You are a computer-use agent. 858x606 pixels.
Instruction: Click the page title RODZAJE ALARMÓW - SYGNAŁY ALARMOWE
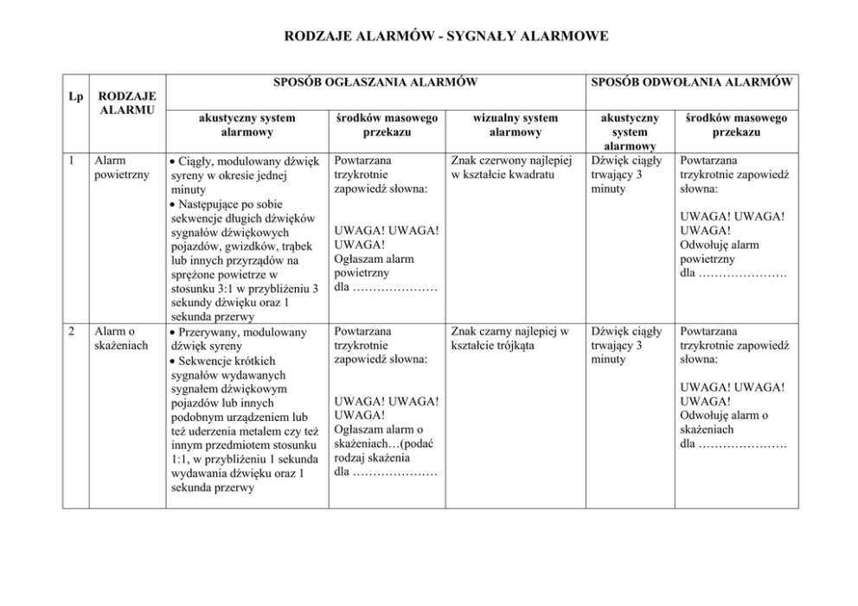445,36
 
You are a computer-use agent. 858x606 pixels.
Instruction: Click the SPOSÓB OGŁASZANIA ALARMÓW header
375,82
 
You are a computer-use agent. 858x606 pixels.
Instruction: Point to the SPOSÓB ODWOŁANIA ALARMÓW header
692,82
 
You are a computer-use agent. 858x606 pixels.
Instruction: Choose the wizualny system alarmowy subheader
516,125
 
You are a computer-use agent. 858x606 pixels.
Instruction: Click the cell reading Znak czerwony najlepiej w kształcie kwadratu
512,168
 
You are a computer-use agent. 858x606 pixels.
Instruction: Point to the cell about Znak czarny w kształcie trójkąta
509,338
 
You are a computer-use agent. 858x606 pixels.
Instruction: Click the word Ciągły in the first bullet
195,162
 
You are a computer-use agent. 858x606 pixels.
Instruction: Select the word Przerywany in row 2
210,332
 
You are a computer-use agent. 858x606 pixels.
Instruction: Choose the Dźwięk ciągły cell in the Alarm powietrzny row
627,175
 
